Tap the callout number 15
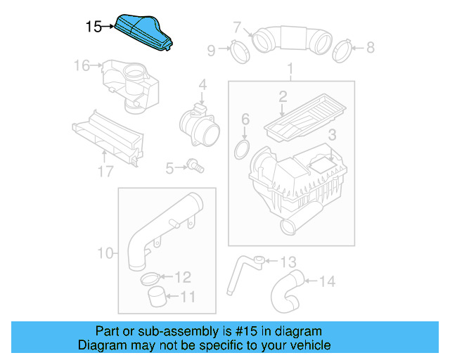click(x=93, y=27)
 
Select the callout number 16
click(x=82, y=66)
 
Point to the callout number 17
click(x=105, y=171)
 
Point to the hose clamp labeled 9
click(x=237, y=50)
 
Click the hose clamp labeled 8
click(x=342, y=49)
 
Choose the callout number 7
click(x=238, y=28)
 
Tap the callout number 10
click(x=104, y=253)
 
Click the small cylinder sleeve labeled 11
click(x=158, y=297)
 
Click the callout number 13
click(x=288, y=262)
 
